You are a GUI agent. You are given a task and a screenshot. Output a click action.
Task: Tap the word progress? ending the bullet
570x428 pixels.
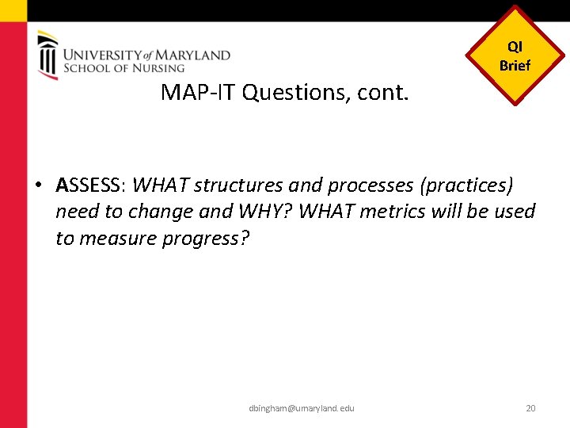click(206, 238)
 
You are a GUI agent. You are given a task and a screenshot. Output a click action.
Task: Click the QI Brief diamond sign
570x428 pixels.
click(515, 56)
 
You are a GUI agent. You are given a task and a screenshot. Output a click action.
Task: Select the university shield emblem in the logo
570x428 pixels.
click(47, 55)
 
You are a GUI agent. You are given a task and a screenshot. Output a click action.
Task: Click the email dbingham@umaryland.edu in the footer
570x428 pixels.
click(301, 408)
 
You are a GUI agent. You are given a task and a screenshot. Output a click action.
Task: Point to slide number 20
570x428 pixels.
click(530, 408)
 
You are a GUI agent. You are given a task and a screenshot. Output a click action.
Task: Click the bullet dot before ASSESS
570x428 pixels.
click(39, 186)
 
